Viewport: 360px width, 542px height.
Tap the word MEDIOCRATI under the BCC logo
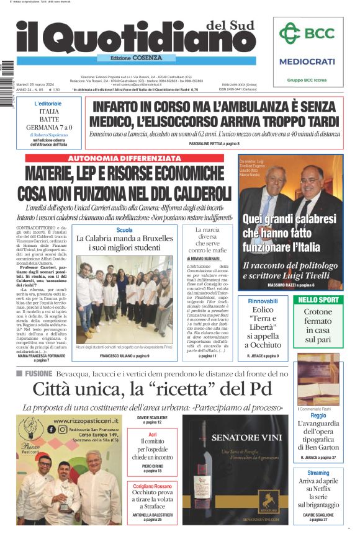pos(307,61)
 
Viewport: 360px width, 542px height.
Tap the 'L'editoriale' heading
pos(48,104)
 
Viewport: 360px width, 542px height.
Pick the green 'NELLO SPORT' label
pos(318,300)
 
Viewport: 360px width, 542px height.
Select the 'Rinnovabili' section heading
pos(267,301)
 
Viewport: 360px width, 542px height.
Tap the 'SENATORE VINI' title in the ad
pos(239,438)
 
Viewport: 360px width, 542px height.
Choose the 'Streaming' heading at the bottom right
pos(318,473)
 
